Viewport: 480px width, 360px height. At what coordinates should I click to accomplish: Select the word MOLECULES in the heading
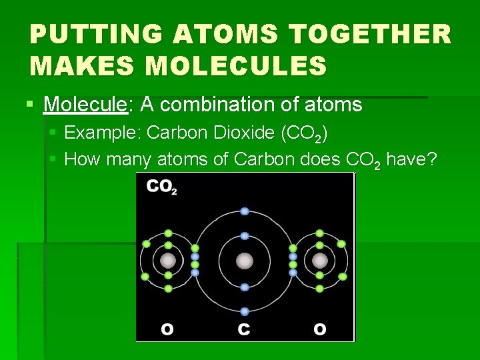(235, 66)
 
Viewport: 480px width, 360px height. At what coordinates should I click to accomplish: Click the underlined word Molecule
(85, 105)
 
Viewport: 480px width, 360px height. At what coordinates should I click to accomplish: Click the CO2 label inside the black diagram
(161, 187)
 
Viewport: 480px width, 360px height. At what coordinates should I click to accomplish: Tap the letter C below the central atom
(245, 329)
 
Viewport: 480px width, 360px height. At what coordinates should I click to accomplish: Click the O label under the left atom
(168, 329)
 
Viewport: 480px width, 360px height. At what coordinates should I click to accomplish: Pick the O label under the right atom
(320, 329)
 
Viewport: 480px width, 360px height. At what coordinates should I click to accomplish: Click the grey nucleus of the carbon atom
(245, 261)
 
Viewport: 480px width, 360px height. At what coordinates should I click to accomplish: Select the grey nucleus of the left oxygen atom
(168, 261)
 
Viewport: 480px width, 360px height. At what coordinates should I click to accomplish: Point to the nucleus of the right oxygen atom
(320, 261)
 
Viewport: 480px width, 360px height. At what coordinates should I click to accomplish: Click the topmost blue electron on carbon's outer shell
(245, 211)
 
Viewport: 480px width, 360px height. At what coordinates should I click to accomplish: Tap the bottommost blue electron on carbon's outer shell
(245, 311)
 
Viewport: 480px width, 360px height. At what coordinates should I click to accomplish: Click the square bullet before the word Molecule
(29, 105)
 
